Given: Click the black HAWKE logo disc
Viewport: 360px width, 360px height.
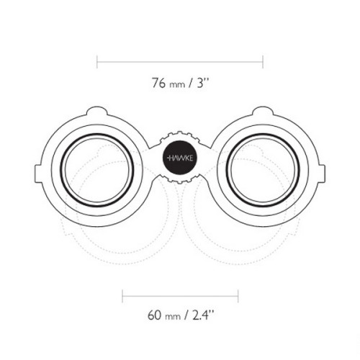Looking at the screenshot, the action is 180,158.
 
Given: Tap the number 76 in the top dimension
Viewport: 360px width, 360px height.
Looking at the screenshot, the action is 158,83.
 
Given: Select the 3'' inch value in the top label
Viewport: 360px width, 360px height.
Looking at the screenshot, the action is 203,83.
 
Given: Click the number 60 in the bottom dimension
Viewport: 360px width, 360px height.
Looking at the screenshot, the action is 154,315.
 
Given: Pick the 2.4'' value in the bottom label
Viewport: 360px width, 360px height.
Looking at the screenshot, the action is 203,315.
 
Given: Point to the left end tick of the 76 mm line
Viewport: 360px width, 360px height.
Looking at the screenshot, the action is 97,62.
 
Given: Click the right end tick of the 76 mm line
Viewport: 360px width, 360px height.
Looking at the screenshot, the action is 263,62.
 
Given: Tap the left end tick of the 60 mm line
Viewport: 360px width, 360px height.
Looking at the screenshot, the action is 122,296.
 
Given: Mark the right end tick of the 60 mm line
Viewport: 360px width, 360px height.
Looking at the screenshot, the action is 238,296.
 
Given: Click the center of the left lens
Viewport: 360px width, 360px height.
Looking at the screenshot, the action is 97,170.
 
